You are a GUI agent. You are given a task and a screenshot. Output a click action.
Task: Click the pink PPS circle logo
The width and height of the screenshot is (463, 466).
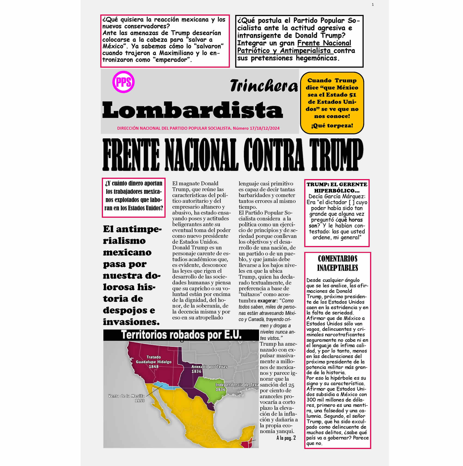click(123, 82)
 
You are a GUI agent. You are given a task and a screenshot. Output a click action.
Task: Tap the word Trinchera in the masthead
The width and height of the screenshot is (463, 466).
click(264, 86)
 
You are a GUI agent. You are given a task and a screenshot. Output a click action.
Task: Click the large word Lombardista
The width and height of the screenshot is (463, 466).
click(192, 110)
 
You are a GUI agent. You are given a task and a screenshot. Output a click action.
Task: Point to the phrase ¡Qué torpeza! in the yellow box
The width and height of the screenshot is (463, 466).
click(332, 125)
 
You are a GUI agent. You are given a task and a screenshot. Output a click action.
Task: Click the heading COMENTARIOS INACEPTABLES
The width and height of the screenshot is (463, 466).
click(337, 263)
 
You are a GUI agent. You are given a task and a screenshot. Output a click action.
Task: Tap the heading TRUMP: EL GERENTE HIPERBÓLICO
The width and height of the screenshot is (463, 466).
click(337, 187)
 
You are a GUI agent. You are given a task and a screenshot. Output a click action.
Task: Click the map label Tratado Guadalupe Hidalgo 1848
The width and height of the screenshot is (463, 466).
click(154, 362)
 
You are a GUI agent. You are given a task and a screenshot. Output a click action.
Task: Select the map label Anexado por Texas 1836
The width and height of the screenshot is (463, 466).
click(209, 369)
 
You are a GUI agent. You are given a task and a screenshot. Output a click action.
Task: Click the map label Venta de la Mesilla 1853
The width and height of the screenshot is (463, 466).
click(127, 398)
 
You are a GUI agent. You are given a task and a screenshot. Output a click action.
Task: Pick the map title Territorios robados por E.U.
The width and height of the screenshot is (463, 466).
click(181, 335)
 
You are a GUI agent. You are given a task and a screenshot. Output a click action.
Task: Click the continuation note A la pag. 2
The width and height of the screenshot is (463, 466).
click(286, 438)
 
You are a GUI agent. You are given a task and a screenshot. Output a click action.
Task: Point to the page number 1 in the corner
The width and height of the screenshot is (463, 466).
click(373, 4)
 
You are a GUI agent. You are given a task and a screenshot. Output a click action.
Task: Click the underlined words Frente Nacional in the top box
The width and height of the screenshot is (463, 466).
click(324, 43)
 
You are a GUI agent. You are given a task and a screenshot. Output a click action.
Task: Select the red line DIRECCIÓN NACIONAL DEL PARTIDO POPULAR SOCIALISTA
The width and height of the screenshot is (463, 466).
click(174, 128)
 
